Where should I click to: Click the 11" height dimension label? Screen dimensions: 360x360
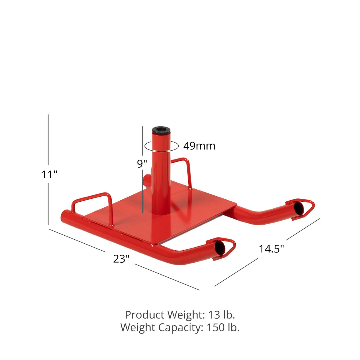pos(49,175)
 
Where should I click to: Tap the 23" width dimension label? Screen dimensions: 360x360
pos(121,259)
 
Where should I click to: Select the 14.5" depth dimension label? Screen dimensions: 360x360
pos(271,249)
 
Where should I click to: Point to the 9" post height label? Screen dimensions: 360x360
pos(142,163)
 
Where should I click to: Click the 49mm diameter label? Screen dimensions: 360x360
pos(199,146)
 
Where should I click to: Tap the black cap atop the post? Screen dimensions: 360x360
pos(161,131)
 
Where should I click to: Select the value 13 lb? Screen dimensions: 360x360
pos(221,315)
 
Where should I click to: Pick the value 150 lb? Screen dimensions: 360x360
pos(223,327)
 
